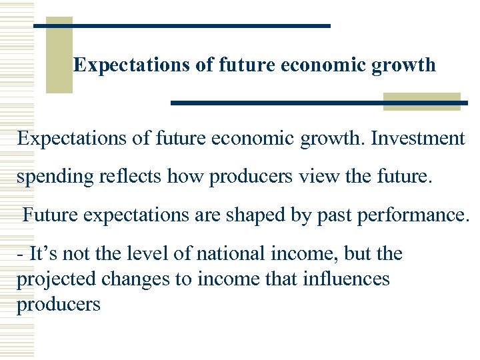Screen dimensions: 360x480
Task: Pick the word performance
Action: [404, 216]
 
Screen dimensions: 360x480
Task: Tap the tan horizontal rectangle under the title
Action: [421, 101]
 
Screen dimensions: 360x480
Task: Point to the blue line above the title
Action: [182, 25]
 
